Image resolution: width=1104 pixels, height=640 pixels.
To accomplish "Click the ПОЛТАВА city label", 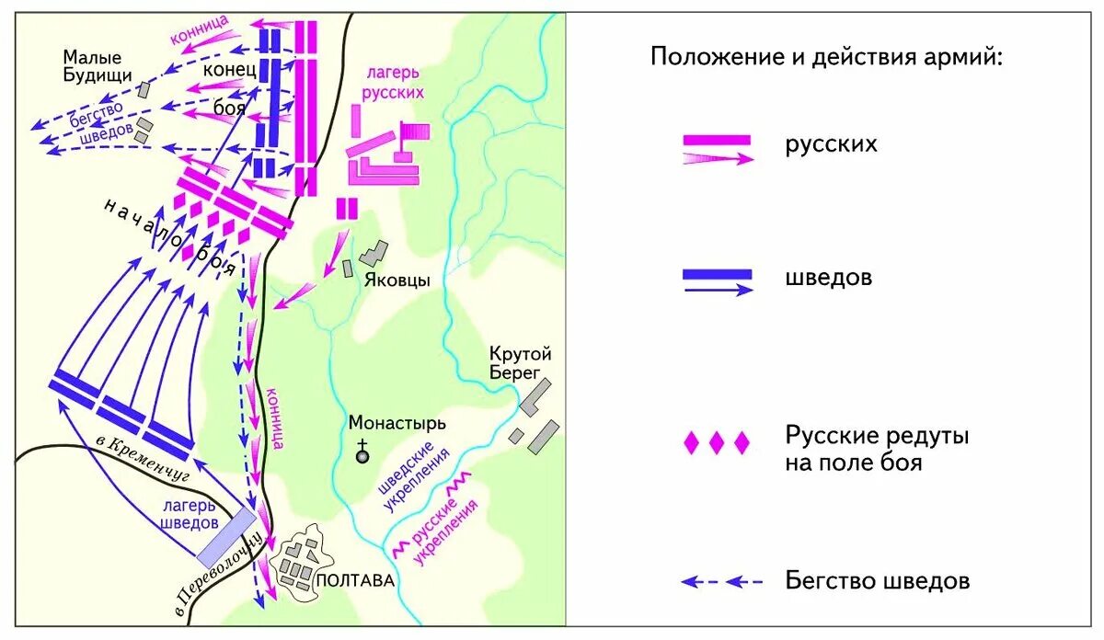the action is coord(354,581).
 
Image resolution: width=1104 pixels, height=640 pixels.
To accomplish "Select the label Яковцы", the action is coord(397,280).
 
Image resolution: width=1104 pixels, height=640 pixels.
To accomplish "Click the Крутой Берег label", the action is coord(521,363).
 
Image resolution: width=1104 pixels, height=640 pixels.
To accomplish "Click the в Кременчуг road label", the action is coord(142,458).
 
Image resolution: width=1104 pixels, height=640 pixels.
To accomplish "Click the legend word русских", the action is coord(831,144).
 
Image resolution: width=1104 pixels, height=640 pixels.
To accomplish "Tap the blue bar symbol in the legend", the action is coord(717,274).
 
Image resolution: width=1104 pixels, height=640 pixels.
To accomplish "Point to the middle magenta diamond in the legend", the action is coord(717,444).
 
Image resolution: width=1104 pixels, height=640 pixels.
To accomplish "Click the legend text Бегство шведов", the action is coord(877,581).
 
